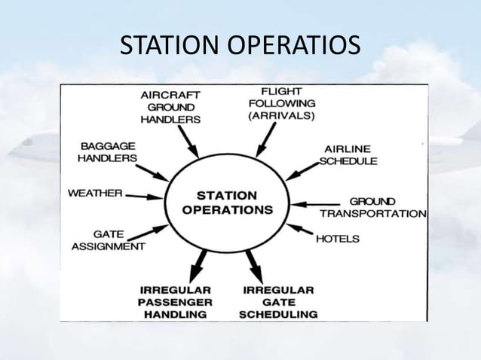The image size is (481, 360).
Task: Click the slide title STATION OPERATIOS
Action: [x=240, y=46]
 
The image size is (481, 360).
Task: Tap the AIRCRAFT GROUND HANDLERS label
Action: [x=171, y=107]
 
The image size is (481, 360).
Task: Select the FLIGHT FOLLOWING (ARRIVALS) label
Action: [x=281, y=104]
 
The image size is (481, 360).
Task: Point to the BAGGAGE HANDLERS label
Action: [x=109, y=152]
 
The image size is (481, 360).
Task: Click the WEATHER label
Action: [x=95, y=193]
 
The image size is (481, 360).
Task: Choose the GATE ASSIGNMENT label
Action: [x=109, y=239]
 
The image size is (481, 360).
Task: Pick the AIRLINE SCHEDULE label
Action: [x=348, y=154]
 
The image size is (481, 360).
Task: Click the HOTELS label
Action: [x=337, y=239]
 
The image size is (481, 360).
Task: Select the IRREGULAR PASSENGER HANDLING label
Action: [x=177, y=301]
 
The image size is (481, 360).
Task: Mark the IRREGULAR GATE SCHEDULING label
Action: [x=277, y=301]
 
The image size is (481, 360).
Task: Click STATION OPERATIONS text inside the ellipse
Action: [x=227, y=203]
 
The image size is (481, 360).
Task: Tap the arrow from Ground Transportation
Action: [x=316, y=203]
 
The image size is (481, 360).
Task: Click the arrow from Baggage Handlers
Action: [x=154, y=171]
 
